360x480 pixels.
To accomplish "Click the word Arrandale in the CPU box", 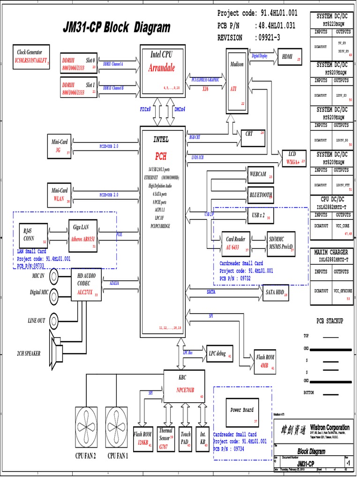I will [161, 68].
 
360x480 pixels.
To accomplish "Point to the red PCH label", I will [161, 156].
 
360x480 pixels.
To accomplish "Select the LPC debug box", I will [219, 353].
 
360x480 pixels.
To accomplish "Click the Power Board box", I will [242, 411].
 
